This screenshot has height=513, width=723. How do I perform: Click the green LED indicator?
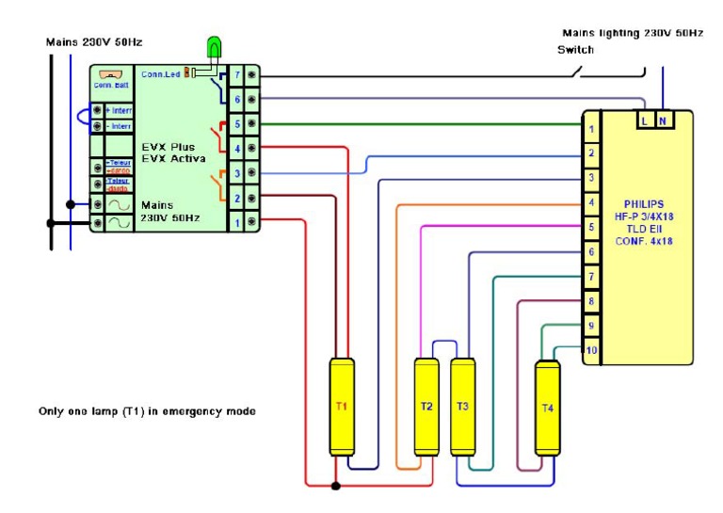(x=215, y=46)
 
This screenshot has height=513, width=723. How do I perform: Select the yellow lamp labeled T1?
(x=341, y=407)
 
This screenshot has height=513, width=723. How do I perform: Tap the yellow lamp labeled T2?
(x=426, y=407)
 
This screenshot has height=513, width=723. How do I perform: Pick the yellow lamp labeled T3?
(x=462, y=407)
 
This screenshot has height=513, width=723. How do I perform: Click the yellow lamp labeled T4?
(x=548, y=408)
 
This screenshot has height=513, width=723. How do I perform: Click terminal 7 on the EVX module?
(x=238, y=74)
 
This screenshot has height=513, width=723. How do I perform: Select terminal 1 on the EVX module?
(x=238, y=221)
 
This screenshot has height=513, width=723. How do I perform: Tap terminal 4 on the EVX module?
(x=238, y=148)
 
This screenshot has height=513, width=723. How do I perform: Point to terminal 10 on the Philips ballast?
(x=591, y=350)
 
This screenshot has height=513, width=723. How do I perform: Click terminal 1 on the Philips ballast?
(x=591, y=129)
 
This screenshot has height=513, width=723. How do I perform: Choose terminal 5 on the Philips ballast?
(x=591, y=227)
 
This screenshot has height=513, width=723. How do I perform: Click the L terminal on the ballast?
(x=645, y=120)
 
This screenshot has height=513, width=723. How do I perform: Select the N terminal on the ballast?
(x=664, y=120)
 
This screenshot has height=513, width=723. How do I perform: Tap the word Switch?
(x=575, y=49)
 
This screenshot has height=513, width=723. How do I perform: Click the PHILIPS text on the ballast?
(x=645, y=203)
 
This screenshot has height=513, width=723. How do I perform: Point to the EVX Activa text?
(x=173, y=159)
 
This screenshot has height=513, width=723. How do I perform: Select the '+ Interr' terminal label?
(x=120, y=110)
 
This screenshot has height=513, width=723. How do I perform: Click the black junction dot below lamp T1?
(x=336, y=487)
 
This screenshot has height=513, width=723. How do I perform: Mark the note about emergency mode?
(x=147, y=411)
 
